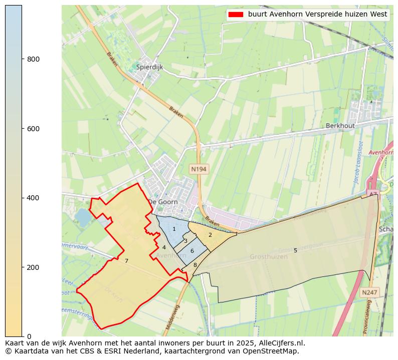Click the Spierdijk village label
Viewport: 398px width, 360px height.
(x=149, y=67)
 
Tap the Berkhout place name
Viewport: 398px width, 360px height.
(x=340, y=126)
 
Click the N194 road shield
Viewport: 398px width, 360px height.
(x=198, y=169)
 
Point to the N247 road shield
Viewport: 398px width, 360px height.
(x=370, y=291)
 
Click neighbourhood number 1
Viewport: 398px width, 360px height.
(x=174, y=229)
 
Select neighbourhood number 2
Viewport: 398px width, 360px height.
(x=210, y=235)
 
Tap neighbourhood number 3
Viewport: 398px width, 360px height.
(x=185, y=241)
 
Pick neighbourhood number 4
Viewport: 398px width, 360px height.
(x=164, y=247)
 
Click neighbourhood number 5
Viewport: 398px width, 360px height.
(x=295, y=250)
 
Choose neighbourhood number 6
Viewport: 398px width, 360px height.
(x=192, y=250)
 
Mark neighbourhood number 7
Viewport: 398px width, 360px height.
(x=126, y=261)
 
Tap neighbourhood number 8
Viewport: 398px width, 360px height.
(x=195, y=265)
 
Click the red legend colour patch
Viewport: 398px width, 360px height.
(x=235, y=15)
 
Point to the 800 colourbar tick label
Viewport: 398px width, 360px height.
(x=33, y=59)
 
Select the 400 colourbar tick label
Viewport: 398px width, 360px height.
(x=33, y=198)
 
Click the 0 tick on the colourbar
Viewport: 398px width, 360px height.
(x=29, y=336)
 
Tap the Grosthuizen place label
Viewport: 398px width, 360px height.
(x=269, y=257)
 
